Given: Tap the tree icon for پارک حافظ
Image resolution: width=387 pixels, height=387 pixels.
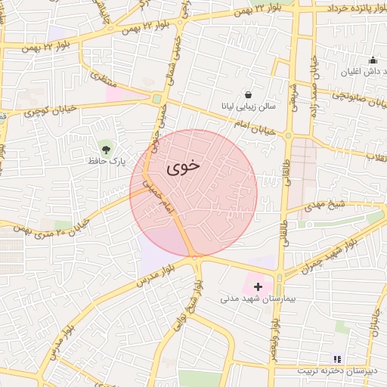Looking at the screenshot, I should pyautogui.click(x=105, y=147).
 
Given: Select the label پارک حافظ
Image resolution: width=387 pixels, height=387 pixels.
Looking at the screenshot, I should pyautogui.click(x=106, y=161).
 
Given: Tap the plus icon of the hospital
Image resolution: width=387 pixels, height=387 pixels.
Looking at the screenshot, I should pyautogui.click(x=259, y=286).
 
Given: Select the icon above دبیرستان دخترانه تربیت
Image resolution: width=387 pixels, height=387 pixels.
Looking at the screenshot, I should pyautogui.click(x=337, y=358).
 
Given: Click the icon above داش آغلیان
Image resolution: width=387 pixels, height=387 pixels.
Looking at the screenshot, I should pyautogui.click(x=371, y=60).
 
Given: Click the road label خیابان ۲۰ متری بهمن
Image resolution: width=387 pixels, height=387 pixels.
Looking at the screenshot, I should pyautogui.click(x=64, y=224).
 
